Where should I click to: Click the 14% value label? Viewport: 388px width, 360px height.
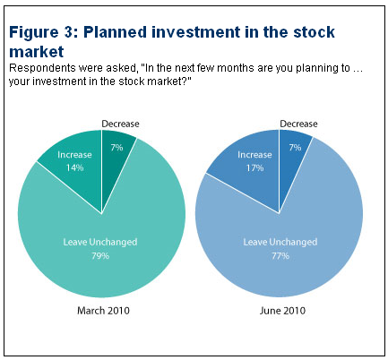click(x=74, y=167)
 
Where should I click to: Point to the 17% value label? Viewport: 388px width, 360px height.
click(x=254, y=167)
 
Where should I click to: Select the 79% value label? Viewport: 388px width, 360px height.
click(x=100, y=256)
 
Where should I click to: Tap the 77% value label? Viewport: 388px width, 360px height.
click(x=280, y=256)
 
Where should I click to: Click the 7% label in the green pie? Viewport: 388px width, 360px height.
click(x=116, y=148)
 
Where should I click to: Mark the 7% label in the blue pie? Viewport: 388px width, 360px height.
click(x=295, y=148)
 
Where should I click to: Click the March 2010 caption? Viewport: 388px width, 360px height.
click(x=103, y=311)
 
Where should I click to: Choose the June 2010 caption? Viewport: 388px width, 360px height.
click(x=282, y=311)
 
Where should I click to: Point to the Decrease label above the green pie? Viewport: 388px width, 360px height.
click(x=120, y=124)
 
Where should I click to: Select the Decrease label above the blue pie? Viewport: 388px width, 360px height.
click(x=298, y=124)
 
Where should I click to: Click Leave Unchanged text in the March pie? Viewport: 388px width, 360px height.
click(x=100, y=242)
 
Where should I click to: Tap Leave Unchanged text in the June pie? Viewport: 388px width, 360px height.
click(x=280, y=242)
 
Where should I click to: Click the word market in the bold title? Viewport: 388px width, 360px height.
click(x=37, y=52)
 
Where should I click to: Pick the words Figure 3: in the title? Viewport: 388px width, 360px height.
click(x=44, y=32)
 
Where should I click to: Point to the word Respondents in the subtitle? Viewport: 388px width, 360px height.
click(x=40, y=68)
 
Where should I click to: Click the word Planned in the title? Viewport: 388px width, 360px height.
click(x=115, y=32)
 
